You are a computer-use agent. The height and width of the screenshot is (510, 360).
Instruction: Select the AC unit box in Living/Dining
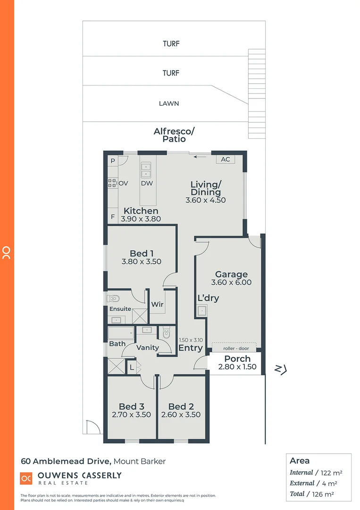(226, 159)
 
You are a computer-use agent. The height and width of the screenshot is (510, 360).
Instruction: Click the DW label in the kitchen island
(146, 183)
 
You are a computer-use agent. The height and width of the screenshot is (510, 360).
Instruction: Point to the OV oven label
(124, 183)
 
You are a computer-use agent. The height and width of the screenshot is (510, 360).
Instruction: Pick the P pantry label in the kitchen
(113, 161)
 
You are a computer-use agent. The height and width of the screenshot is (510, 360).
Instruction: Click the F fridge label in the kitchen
(113, 218)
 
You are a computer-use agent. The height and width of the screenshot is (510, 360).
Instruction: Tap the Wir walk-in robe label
(157, 305)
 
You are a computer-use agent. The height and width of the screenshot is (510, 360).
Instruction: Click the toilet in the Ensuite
(113, 298)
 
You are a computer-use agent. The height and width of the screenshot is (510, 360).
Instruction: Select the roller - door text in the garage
(234, 348)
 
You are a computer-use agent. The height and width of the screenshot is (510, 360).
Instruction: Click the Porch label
(237, 359)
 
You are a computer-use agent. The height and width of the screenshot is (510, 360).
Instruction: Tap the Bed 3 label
(131, 407)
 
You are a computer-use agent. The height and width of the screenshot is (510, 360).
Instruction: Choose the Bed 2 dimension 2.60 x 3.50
(181, 415)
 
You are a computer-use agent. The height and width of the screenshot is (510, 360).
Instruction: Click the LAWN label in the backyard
(169, 103)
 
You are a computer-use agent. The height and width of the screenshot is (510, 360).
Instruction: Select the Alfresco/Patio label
(174, 135)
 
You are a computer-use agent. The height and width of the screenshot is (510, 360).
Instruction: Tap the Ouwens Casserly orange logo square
(26, 478)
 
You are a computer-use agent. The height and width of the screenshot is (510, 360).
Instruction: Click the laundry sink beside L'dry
(201, 311)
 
